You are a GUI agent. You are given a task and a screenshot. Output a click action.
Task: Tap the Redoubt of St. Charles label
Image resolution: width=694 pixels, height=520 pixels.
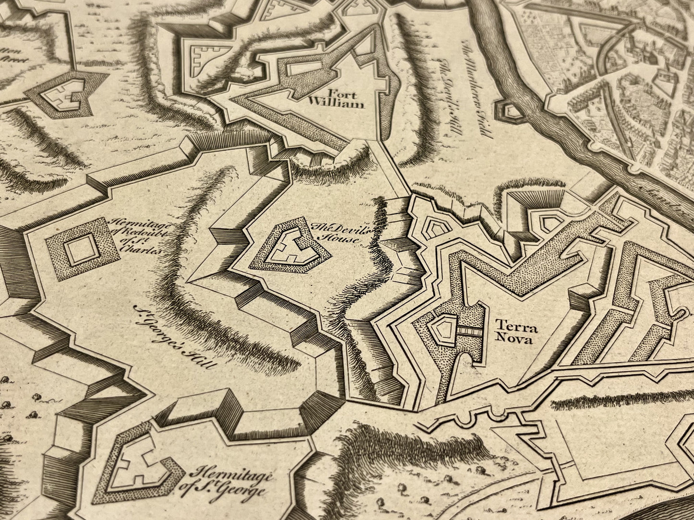[x=136, y=236]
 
